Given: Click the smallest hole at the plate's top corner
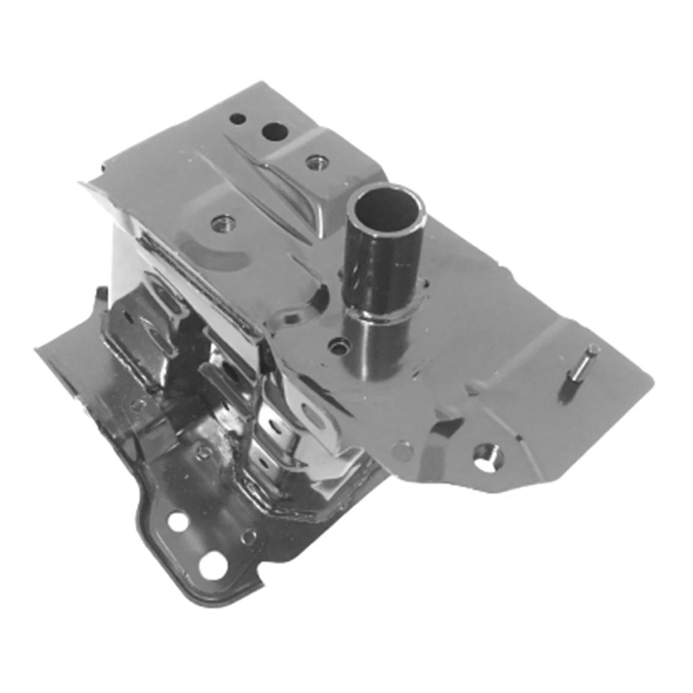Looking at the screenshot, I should tap(238, 118).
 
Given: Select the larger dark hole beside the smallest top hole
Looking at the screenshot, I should tap(275, 132).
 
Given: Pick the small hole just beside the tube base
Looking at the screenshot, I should tap(341, 345).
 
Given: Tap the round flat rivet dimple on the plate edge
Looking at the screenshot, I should tap(401, 450).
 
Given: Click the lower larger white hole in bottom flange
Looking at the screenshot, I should tap(210, 563).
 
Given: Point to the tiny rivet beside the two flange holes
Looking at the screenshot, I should tap(249, 537).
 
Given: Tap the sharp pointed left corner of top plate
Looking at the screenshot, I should tap(81, 183).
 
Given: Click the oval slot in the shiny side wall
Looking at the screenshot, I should tap(312, 416).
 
